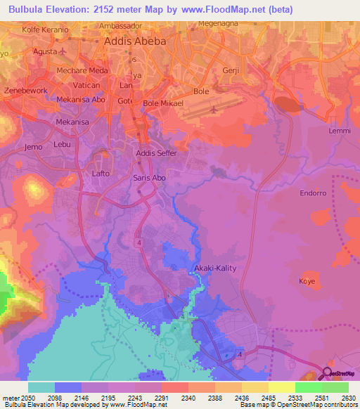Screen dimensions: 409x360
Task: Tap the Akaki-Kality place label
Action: point(215,268)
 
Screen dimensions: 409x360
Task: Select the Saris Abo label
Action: point(149,178)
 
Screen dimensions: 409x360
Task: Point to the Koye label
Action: point(308,281)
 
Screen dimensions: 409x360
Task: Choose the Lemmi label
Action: point(339,131)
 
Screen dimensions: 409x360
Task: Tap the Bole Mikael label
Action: point(163,103)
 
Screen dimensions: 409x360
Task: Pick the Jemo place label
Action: point(34,147)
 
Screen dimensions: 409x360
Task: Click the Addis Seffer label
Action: point(155,152)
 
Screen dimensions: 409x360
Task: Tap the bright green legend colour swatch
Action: point(308,387)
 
